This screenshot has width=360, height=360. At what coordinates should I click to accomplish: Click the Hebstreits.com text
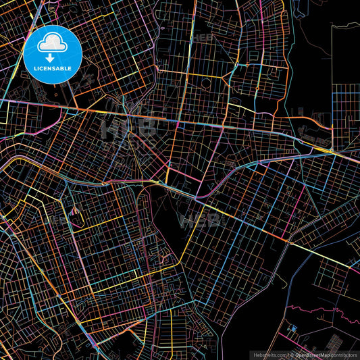[269, 354]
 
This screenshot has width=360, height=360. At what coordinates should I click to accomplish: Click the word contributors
[344, 354]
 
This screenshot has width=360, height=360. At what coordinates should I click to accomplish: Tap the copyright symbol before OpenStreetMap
[291, 354]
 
